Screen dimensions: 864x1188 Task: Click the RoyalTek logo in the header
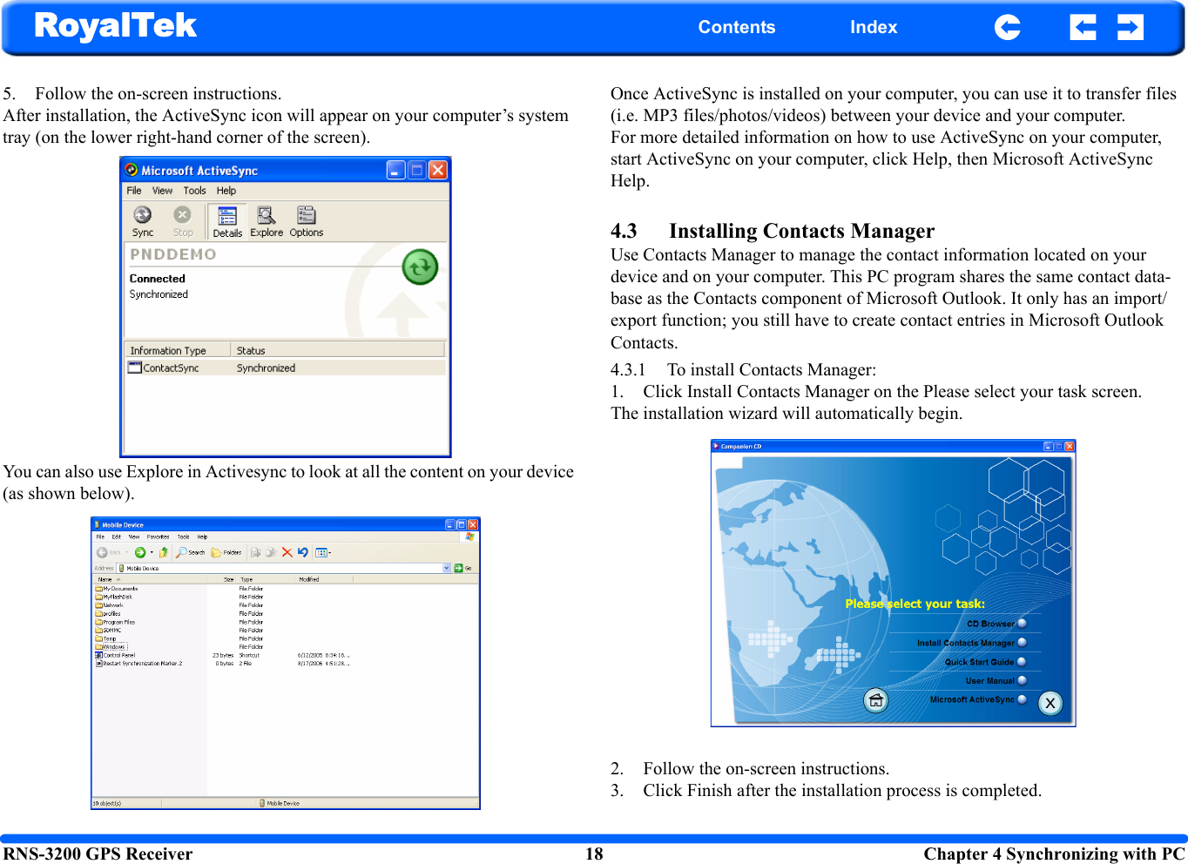[x=115, y=26]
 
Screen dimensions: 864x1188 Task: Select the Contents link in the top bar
[x=736, y=27]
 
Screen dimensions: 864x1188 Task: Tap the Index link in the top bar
[x=873, y=27]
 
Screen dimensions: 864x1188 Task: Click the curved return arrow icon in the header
[x=1007, y=27]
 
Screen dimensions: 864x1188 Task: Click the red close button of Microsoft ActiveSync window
[x=438, y=170]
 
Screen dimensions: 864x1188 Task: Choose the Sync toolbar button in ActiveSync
[x=143, y=220]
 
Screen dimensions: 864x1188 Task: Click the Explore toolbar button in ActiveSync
[x=267, y=220]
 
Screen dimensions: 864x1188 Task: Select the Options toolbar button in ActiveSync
[x=306, y=220]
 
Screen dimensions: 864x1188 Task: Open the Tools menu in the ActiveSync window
[x=194, y=191]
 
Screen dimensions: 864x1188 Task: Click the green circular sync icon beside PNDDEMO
[x=420, y=267]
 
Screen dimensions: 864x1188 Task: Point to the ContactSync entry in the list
[x=171, y=368]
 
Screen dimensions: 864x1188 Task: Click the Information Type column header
[x=169, y=350]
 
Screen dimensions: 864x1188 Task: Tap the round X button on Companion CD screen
[x=1050, y=703]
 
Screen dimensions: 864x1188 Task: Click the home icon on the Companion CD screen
[x=875, y=700]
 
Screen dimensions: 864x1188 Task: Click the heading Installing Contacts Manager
[x=801, y=231]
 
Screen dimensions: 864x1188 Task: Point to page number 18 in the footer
[x=594, y=854]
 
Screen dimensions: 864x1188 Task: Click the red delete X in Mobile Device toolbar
[x=287, y=552]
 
